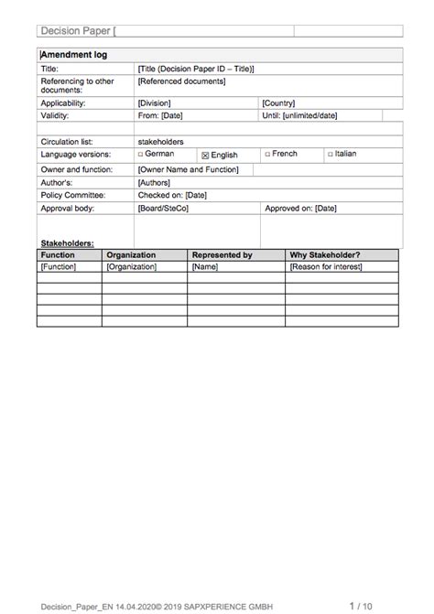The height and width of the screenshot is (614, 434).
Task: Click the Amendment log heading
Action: coord(74,55)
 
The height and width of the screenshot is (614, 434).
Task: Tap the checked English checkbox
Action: coord(206,156)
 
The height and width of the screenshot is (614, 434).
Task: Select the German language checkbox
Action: coord(141,155)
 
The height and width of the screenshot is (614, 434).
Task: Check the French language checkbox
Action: coord(267,155)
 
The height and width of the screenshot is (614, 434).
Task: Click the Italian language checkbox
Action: coord(329,155)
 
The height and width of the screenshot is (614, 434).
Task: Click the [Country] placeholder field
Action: coord(278,103)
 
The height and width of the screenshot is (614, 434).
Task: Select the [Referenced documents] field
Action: coord(181,81)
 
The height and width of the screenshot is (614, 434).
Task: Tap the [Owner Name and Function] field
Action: coord(188,169)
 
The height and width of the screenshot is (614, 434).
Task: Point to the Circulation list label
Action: coord(69,142)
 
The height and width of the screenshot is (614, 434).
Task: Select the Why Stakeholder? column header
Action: coord(324,255)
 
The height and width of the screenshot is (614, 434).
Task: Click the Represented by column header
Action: coord(222,255)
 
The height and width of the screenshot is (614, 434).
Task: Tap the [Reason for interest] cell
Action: coord(325,267)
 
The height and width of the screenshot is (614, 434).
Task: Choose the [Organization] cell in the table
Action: coord(132,267)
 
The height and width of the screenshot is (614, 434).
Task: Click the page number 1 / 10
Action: coord(362,605)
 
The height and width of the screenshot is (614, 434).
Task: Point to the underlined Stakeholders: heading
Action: coord(67,243)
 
